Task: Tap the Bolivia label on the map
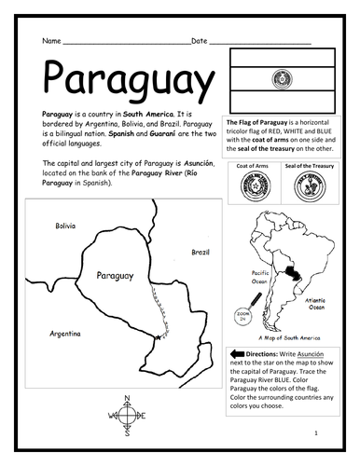pyautogui.click(x=65, y=226)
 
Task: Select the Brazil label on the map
pyautogui.click(x=200, y=252)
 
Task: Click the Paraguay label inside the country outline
pyautogui.click(x=114, y=276)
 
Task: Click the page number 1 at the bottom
pyautogui.click(x=317, y=434)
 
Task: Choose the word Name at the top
pyautogui.click(x=51, y=41)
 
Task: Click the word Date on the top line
pyautogui.click(x=199, y=41)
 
